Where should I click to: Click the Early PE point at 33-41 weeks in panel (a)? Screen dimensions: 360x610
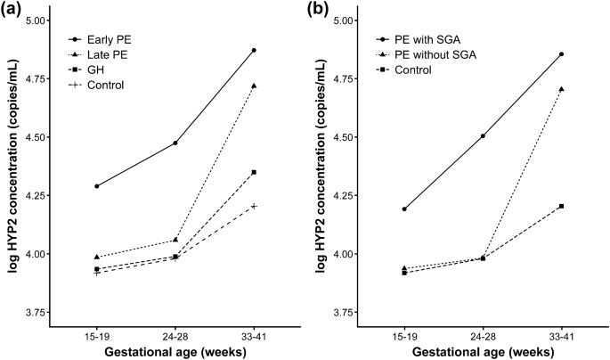tap(254, 51)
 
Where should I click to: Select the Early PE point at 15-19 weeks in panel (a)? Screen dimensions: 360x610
tap(96, 186)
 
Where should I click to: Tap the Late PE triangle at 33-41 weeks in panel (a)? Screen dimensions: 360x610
tap(254, 86)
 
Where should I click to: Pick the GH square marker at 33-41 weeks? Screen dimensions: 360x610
tap(254, 172)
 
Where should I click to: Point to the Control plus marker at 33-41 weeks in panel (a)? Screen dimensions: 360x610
tap(254, 206)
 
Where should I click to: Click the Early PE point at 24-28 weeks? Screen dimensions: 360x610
tap(175, 143)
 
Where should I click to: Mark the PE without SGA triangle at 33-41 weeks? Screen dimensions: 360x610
tap(562, 89)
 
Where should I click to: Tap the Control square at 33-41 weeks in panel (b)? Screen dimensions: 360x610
tap(562, 206)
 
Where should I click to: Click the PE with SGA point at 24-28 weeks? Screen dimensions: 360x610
tap(483, 136)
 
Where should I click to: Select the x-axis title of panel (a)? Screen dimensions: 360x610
tap(175, 353)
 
